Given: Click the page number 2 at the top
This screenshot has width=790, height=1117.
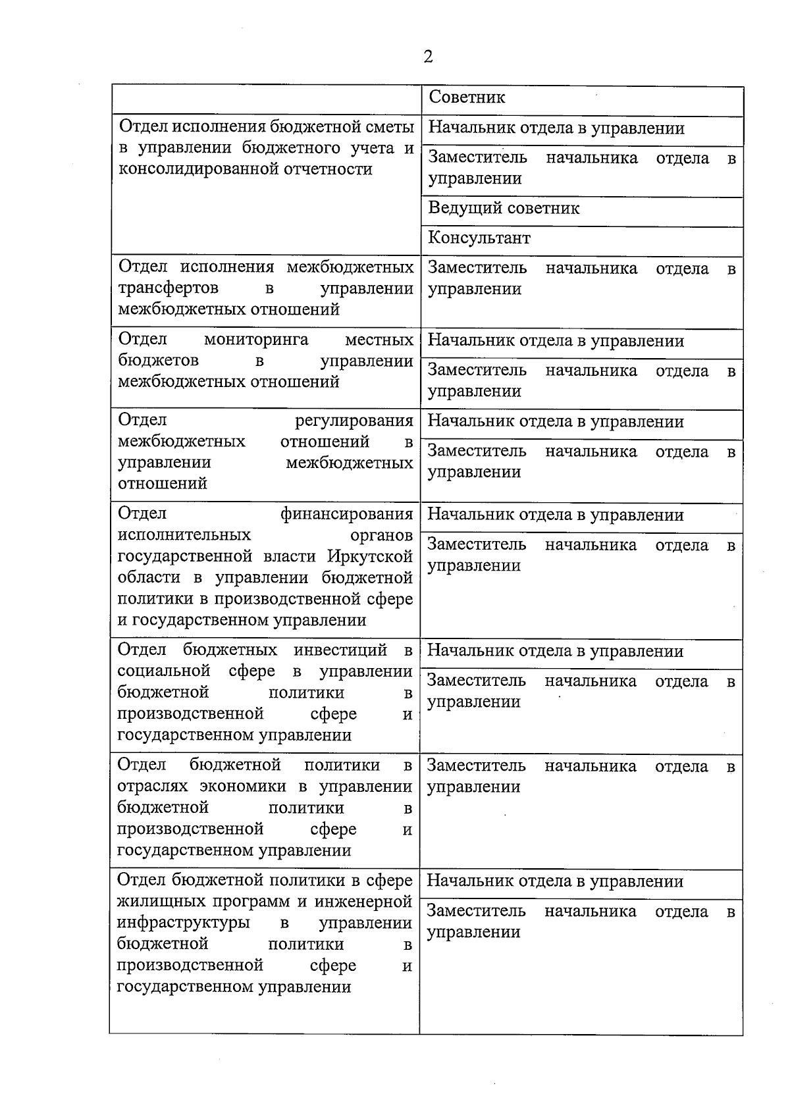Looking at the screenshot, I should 428,57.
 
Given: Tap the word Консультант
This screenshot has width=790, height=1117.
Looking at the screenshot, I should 479,238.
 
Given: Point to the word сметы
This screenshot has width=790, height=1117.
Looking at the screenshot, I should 390,126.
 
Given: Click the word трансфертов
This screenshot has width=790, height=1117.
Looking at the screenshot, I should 168,288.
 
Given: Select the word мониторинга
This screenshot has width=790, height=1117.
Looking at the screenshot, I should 256,340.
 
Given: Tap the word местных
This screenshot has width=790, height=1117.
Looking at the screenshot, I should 379,340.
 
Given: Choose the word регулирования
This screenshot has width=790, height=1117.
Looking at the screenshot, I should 354,421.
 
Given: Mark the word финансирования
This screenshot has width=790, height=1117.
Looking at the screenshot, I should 347,513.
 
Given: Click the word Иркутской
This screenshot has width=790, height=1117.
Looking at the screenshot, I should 370,556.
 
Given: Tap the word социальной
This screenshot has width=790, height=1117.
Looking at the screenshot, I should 163,671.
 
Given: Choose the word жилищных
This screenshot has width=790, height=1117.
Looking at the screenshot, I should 155,901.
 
